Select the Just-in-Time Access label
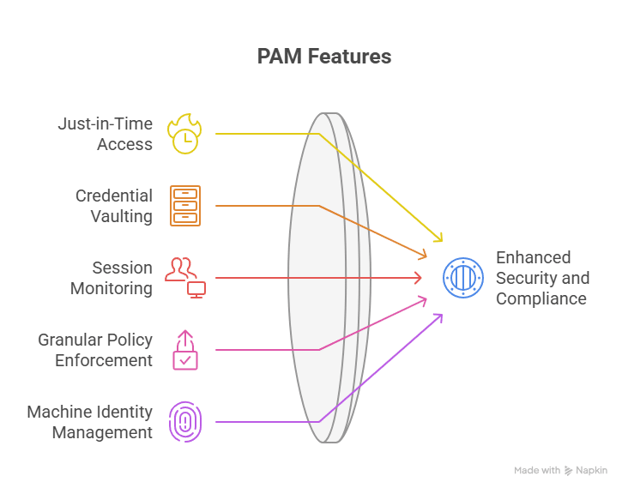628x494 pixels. pyautogui.click(x=105, y=134)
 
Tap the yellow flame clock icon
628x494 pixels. pyautogui.click(x=185, y=134)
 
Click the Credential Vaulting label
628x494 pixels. pyautogui.click(x=113, y=206)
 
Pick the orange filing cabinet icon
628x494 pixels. pyautogui.click(x=185, y=206)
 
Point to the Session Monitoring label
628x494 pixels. pyautogui.click(x=111, y=278)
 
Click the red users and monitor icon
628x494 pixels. pyautogui.click(x=185, y=278)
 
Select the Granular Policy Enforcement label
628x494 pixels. pyautogui.click(x=94, y=350)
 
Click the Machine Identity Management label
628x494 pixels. pyautogui.click(x=89, y=422)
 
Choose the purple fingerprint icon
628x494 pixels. pyautogui.click(x=185, y=422)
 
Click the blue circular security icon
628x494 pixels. pyautogui.click(x=462, y=278)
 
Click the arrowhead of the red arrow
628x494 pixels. pyautogui.click(x=419, y=278)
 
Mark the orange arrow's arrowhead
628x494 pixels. pyautogui.click(x=423, y=256)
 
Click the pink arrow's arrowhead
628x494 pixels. pyautogui.click(x=423, y=299)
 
